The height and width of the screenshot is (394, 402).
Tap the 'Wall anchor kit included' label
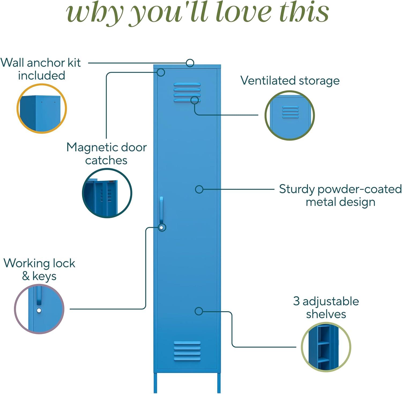pyautogui.click(x=41, y=69)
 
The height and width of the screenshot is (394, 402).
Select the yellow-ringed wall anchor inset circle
pyautogui.click(x=42, y=108)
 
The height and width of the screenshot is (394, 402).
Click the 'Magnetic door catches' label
pyautogui.click(x=106, y=154)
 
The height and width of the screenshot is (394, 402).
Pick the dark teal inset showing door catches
pyautogui.click(x=107, y=193)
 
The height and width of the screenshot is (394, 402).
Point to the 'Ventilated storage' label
pyautogui.click(x=290, y=81)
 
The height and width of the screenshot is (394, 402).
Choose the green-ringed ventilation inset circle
pyautogui.click(x=290, y=115)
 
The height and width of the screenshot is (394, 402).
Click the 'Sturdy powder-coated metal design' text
pyautogui.click(x=340, y=196)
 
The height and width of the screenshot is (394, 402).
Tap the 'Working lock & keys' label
pyautogui.click(x=39, y=270)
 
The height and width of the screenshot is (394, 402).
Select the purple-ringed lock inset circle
pyautogui.click(x=39, y=309)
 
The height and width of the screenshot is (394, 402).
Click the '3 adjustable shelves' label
pyautogui.click(x=326, y=307)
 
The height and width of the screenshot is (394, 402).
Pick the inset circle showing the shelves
pyautogui.click(x=326, y=347)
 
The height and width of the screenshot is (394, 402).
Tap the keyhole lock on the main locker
pyautogui.click(x=162, y=228)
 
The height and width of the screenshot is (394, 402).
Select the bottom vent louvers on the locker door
pyautogui.click(x=187, y=351)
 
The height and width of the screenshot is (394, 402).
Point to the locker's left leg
pyautogui.click(x=155, y=383)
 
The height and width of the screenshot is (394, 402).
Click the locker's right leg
pyautogui.click(x=219, y=383)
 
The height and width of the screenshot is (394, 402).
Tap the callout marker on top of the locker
pyautogui.click(x=190, y=63)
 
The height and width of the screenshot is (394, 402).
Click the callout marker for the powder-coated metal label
pyautogui.click(x=199, y=189)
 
